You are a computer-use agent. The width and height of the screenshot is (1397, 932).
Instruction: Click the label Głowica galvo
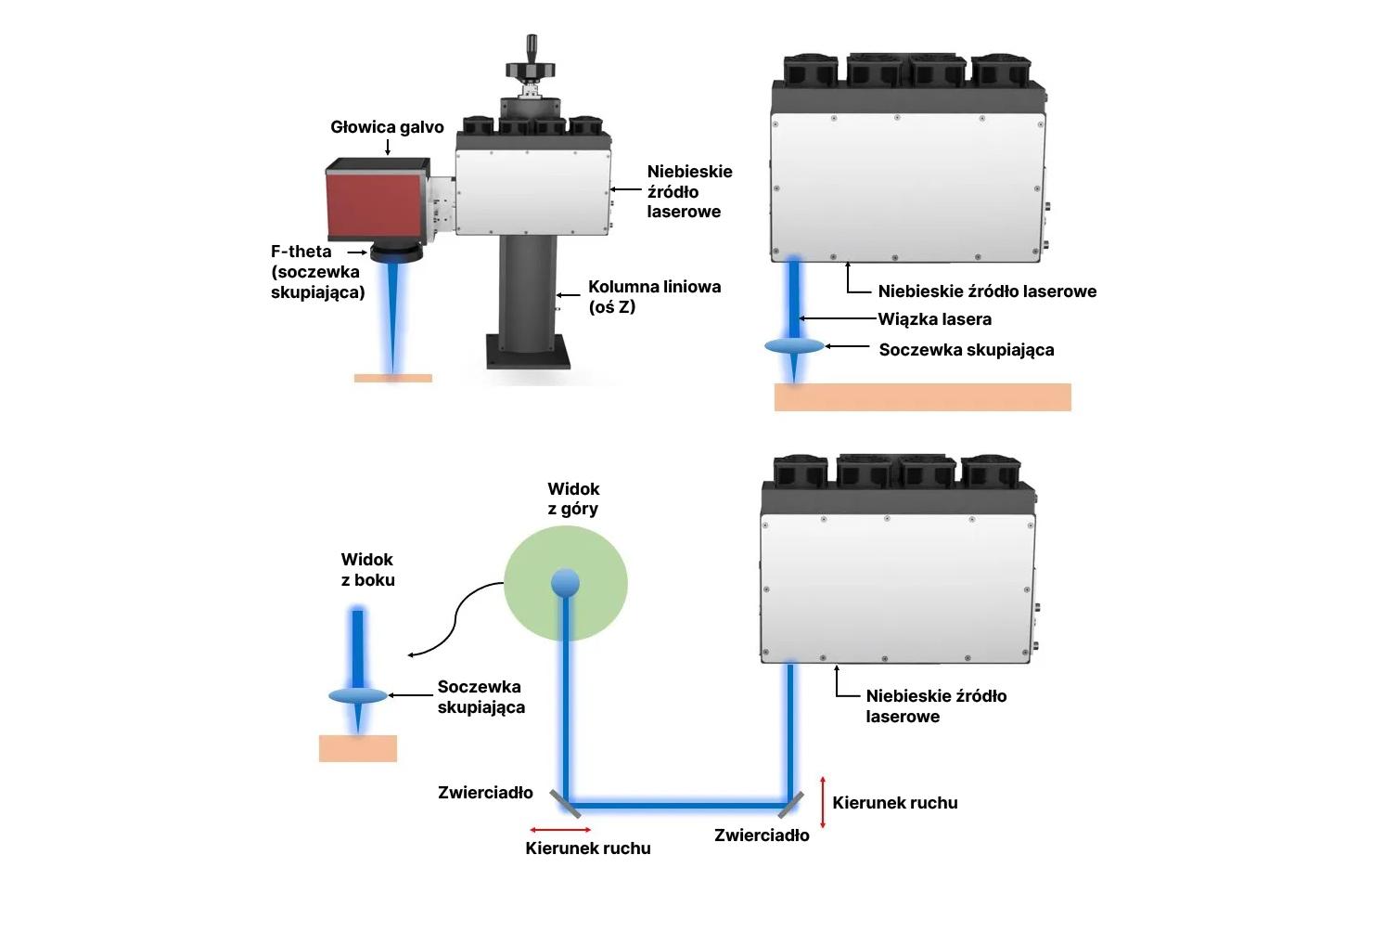pos(387,127)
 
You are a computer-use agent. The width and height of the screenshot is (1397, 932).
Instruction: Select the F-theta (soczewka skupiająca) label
pos(316,272)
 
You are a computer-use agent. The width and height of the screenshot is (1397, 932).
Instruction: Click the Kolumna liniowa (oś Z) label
pos(654,296)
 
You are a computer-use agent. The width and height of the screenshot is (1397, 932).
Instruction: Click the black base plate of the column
pos(528,353)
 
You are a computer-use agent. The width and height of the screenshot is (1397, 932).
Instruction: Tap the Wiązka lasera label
pos(935,319)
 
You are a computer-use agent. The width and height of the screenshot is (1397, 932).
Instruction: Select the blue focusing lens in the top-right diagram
pos(794,346)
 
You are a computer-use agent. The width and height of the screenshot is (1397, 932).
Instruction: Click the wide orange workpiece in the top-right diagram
pos(922,397)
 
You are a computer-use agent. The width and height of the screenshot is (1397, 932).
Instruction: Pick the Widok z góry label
pos(573,498)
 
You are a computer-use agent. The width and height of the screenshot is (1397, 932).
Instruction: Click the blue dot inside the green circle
pos(565,583)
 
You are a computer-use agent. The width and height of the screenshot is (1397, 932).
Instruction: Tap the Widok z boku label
pos(367,570)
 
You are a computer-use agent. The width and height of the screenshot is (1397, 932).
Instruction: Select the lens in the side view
pos(358,696)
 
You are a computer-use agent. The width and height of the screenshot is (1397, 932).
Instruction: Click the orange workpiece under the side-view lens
pos(358,748)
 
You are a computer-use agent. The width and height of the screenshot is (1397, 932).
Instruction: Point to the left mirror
pos(561,801)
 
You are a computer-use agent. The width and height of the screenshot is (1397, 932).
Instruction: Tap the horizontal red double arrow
pos(560,829)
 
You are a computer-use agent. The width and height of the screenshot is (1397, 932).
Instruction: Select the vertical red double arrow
pos(823,802)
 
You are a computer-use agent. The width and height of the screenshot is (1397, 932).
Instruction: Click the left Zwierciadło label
pos(485,793)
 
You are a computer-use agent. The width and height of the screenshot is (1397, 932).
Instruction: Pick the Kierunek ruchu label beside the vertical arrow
pos(894,803)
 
